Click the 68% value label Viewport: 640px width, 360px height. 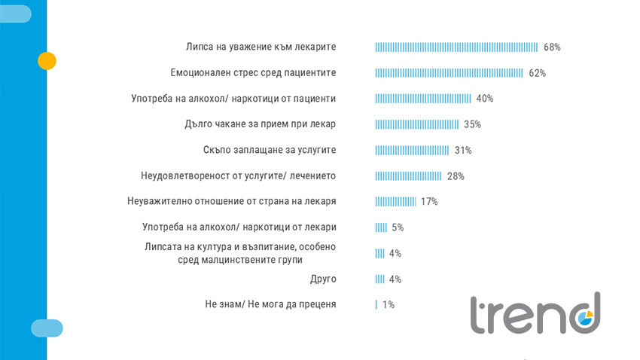tap(552, 47)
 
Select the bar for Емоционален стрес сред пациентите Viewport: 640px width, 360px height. tap(449, 73)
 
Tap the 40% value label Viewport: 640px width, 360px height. tap(484, 99)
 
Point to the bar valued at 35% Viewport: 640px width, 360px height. tap(417, 124)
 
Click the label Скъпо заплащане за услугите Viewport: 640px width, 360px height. tap(270, 150)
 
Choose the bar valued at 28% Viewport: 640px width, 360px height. tap(408, 176)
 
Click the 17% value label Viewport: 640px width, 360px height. tap(429, 202)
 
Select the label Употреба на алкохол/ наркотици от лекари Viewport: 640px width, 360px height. tap(239, 227)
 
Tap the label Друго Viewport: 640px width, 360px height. tap(323, 279)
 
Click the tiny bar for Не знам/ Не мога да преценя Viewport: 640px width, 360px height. tap(376, 305)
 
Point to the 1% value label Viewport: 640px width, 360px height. tap(388, 305)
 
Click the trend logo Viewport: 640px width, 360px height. tap(535, 313)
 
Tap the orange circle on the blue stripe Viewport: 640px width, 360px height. tap(47, 61)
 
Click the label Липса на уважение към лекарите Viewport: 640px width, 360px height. tap(261, 47)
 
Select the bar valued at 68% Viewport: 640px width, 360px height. tap(457, 47)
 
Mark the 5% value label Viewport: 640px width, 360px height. tap(398, 227)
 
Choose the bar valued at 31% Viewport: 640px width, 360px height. tap(412, 150)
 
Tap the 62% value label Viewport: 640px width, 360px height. tap(537, 73)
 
